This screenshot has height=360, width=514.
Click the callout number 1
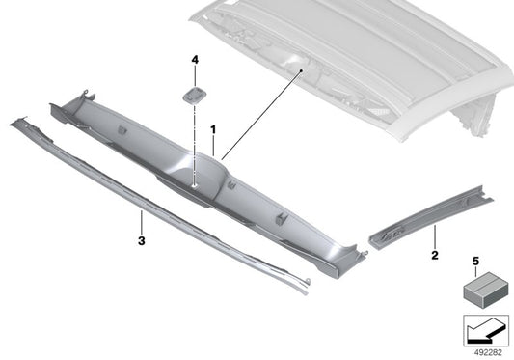coord(214,128)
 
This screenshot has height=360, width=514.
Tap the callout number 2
coord(434,256)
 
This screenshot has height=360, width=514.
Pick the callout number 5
coord(475,261)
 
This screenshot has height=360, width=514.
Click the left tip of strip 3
coord(14,122)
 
